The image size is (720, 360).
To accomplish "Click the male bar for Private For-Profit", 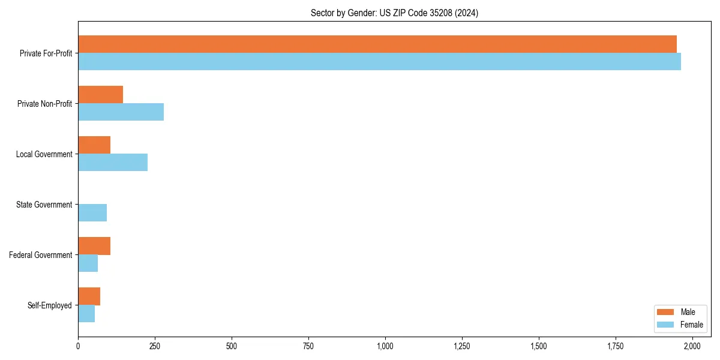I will click(x=377, y=44).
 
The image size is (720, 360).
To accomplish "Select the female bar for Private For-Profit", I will click(x=379, y=62).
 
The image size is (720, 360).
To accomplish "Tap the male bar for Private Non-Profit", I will click(x=100, y=95).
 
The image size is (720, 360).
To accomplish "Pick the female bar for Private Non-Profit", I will click(x=121, y=112).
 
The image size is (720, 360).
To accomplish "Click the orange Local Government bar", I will click(x=94, y=145).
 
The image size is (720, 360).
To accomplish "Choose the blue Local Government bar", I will click(x=113, y=163).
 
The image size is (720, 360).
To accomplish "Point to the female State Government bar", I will click(x=92, y=213).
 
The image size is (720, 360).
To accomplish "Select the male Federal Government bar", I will click(x=94, y=246).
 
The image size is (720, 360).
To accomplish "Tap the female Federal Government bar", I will click(x=88, y=263).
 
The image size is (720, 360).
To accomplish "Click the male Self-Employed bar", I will click(x=89, y=296).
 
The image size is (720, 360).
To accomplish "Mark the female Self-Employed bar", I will click(x=86, y=314).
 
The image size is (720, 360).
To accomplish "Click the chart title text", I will click(x=394, y=13).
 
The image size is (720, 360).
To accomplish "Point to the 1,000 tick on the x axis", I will click(x=385, y=346).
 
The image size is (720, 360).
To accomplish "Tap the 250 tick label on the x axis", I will click(x=155, y=346).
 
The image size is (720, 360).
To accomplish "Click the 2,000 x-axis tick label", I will click(x=692, y=346).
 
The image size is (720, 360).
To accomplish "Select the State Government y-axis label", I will click(x=44, y=205).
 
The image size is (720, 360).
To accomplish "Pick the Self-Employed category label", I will click(x=50, y=305).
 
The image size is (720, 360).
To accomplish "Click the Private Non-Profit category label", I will click(x=44, y=104).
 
